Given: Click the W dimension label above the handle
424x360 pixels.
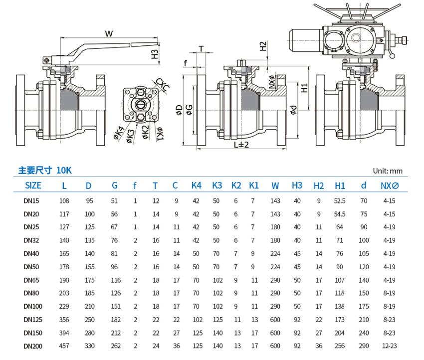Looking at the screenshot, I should pos(109,33).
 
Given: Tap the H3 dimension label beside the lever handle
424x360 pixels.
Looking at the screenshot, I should pos(155,53).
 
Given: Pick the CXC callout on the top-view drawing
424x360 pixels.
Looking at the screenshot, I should pos(163,84).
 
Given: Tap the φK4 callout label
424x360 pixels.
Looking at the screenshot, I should pos(119,134).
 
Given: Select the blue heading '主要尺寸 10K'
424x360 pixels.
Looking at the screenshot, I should pos(45,170).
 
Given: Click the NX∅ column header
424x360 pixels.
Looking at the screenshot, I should pos(390,185).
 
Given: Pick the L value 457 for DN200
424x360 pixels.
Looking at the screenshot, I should pos(64,346).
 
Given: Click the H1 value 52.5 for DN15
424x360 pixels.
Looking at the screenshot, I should pos(340,201).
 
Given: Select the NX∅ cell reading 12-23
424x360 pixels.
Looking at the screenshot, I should pos(389,346).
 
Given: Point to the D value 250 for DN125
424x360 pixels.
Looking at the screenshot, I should pos(89,319).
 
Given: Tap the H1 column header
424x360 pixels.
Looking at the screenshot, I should pos(340,185).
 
